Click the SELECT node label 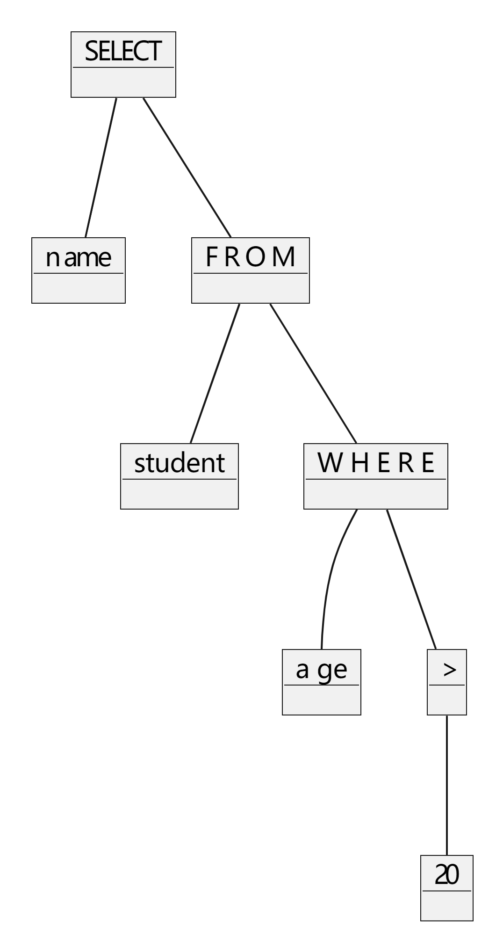123,51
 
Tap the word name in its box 79,257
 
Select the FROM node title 251,257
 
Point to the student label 180,463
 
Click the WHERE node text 376,463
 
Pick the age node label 322,669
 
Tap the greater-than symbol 449,670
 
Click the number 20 447,875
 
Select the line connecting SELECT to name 101,167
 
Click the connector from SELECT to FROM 187,167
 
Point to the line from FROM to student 215,373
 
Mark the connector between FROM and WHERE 313,373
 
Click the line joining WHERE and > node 411,579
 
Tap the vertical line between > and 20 447,785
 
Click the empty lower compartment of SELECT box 123,82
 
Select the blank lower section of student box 180,494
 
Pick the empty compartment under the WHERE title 376,494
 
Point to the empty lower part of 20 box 447,906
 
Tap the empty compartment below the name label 79,288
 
